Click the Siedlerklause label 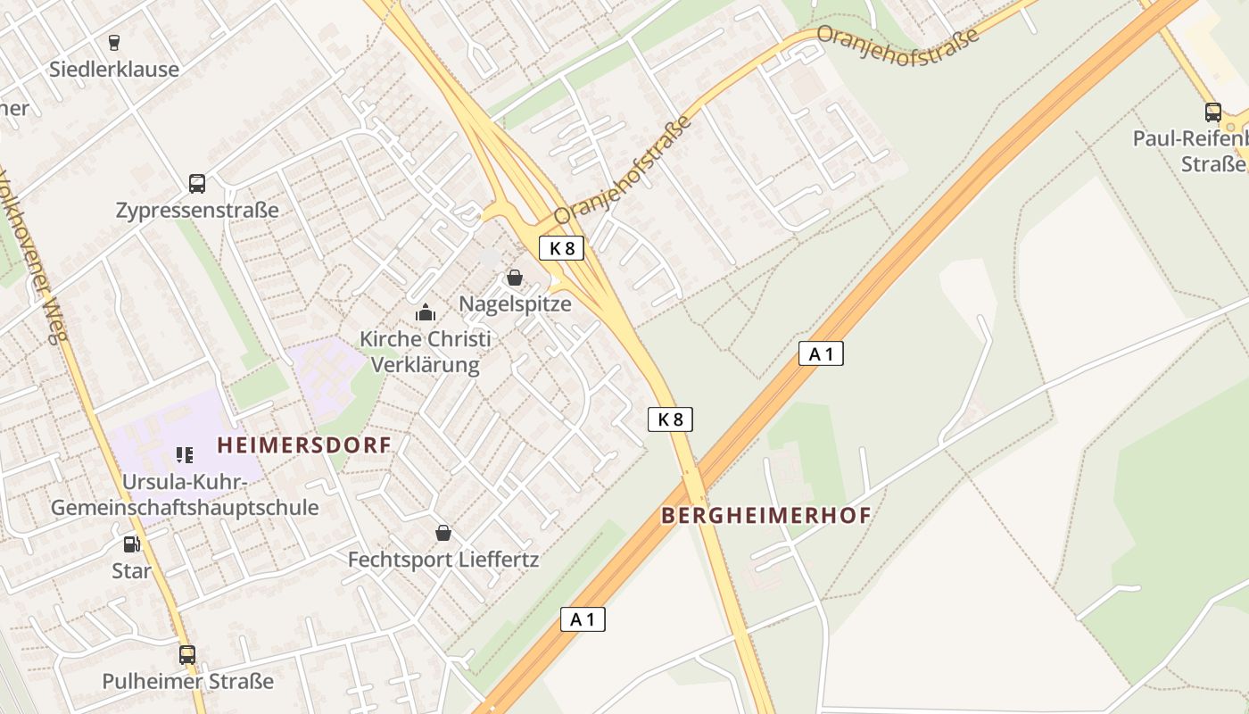pos(114,69)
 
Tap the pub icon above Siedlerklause pos(113,42)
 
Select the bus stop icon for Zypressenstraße pos(197,184)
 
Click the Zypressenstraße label pos(197,211)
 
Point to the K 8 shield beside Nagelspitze pos(561,248)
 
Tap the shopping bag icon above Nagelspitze pos(515,278)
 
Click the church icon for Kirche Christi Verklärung pos(426,313)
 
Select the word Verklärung pos(425,365)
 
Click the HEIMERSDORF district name pos(304,444)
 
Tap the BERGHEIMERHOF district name pos(766,515)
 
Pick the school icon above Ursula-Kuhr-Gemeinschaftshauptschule pos(185,455)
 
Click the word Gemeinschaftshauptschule pos(185,508)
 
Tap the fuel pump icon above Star pos(131,544)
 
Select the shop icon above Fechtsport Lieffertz pos(443,534)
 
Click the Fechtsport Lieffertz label pos(443,560)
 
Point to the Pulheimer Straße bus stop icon pos(186,654)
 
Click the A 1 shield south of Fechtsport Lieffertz pos(583,619)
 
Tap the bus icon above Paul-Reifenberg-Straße pos(1213,112)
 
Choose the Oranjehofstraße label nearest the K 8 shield pos(623,170)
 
